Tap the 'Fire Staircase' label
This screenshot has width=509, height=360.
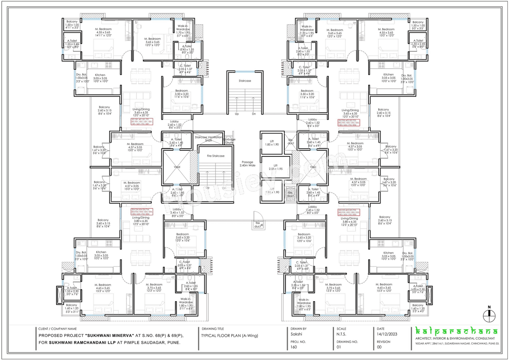click(x=216, y=156)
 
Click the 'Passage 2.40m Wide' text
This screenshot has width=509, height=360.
click(x=247, y=164)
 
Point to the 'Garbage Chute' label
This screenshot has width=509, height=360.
click(x=229, y=141)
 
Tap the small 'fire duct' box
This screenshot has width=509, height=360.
click(x=257, y=225)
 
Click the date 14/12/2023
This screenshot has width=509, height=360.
click(x=389, y=335)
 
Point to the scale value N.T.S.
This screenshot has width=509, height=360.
click(x=341, y=335)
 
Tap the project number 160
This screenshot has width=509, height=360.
click(x=294, y=347)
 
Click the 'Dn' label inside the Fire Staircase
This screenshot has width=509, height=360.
click(x=224, y=188)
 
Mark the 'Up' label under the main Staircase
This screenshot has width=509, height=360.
click(x=237, y=114)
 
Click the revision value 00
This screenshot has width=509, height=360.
click(x=380, y=347)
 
